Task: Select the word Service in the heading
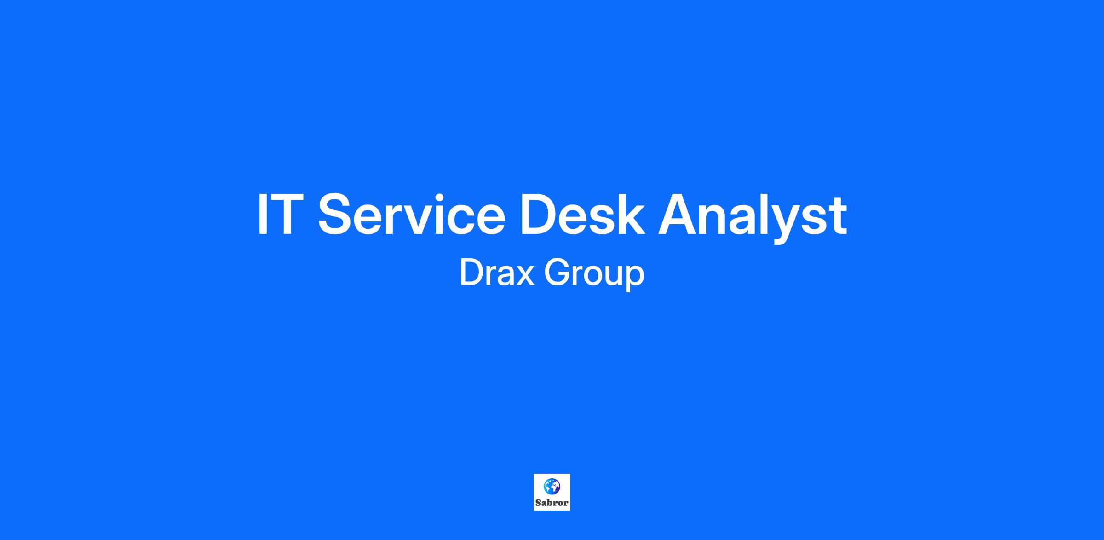pos(412,214)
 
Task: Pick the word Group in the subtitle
pos(594,275)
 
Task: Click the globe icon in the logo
pos(552,486)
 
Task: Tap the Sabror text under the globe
pos(552,503)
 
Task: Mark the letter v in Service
pos(427,220)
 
